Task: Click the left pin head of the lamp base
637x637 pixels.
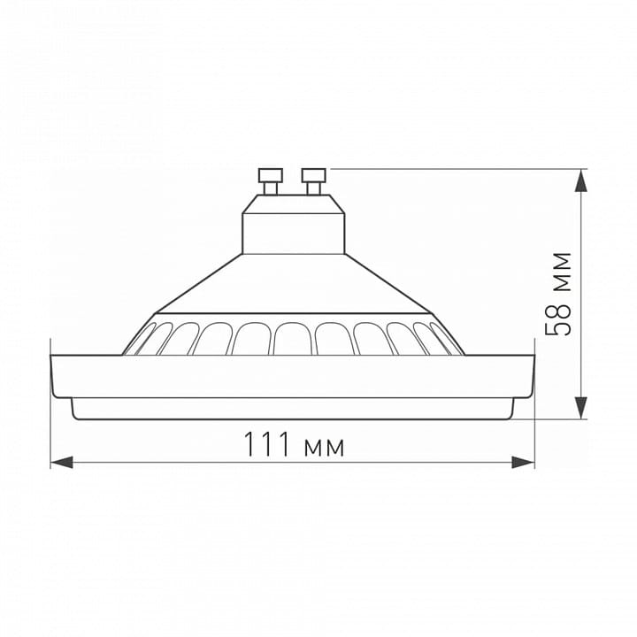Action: (x=271, y=175)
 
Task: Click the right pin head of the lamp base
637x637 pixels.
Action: (x=313, y=175)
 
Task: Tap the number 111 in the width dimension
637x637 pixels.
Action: (x=267, y=444)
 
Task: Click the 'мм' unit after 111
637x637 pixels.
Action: (x=324, y=448)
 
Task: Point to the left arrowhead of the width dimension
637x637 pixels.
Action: (x=62, y=462)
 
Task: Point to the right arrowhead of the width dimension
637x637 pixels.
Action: (x=523, y=462)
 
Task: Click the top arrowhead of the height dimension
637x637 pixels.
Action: (x=582, y=180)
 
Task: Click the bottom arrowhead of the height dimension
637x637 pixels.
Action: (x=582, y=408)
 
